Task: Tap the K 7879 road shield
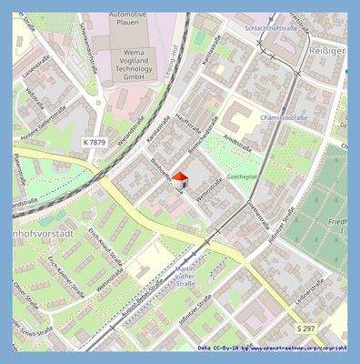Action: point(95,143)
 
